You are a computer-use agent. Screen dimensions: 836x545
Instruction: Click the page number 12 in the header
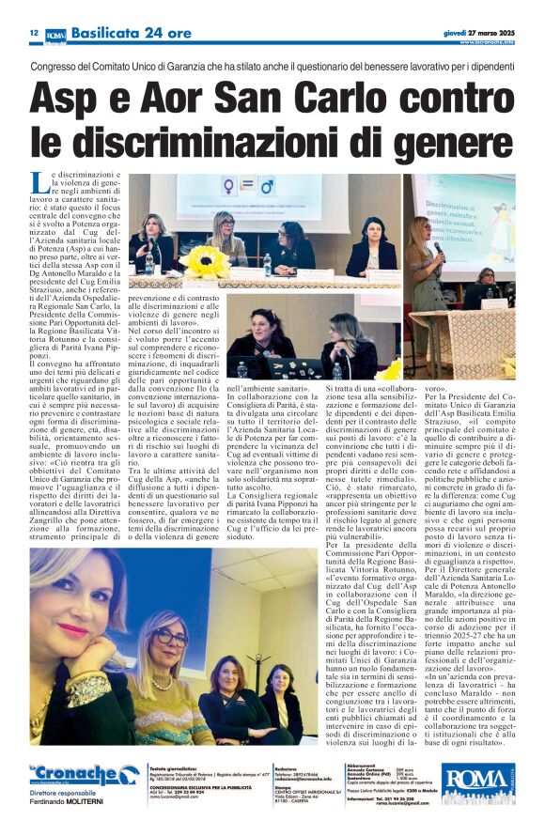(34, 33)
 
